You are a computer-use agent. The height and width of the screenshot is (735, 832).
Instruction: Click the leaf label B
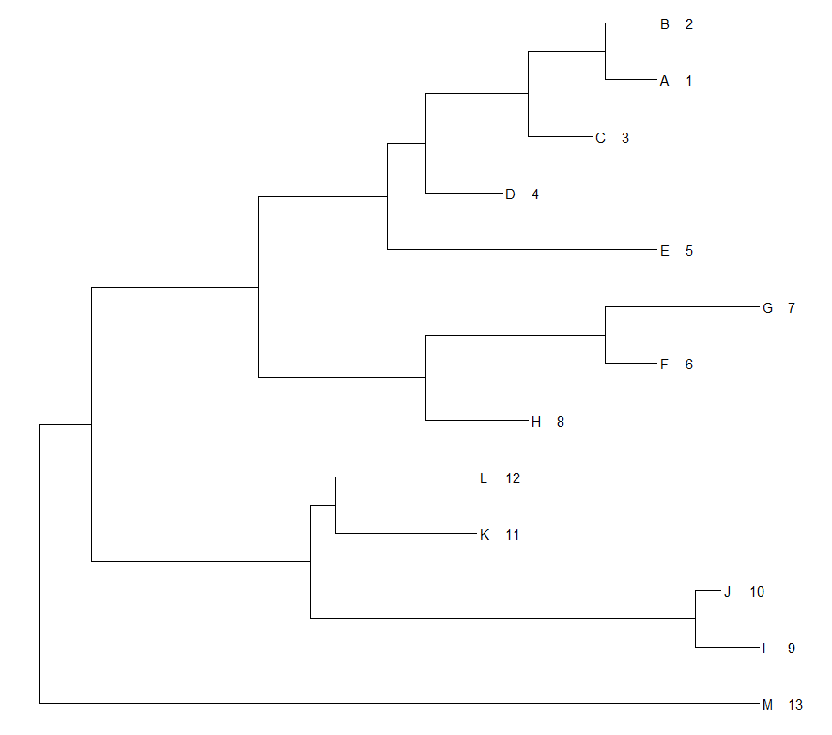click(x=665, y=24)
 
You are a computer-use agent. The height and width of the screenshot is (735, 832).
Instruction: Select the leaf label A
click(x=665, y=81)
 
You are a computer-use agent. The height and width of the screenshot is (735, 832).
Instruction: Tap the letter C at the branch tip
click(x=601, y=138)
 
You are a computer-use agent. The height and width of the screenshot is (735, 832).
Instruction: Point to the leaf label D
click(x=510, y=195)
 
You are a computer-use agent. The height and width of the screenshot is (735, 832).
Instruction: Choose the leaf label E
click(x=665, y=251)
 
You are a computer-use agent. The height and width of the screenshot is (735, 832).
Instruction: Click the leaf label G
click(x=767, y=307)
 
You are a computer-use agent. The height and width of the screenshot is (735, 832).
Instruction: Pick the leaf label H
click(x=536, y=421)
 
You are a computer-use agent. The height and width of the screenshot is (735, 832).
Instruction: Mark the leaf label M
click(x=767, y=704)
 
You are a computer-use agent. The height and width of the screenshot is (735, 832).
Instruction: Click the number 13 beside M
click(x=795, y=704)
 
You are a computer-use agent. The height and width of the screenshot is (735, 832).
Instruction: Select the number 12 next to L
click(x=512, y=478)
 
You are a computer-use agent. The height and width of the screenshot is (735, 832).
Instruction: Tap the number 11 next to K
click(x=512, y=535)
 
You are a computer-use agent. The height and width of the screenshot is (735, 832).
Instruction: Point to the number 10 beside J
click(x=757, y=591)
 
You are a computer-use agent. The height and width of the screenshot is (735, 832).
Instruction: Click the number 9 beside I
click(x=792, y=648)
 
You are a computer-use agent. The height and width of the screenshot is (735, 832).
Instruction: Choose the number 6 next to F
click(x=689, y=365)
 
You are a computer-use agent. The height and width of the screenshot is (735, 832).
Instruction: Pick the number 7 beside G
click(x=792, y=307)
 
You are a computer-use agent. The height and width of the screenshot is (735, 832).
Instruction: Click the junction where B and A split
click(x=606, y=52)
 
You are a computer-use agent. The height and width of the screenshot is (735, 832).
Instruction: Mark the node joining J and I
click(x=695, y=619)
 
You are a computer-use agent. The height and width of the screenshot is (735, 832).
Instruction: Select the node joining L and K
click(x=336, y=506)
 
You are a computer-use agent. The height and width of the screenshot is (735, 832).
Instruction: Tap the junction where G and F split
click(x=606, y=335)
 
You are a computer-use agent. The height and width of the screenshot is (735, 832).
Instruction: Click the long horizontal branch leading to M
click(x=394, y=703)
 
